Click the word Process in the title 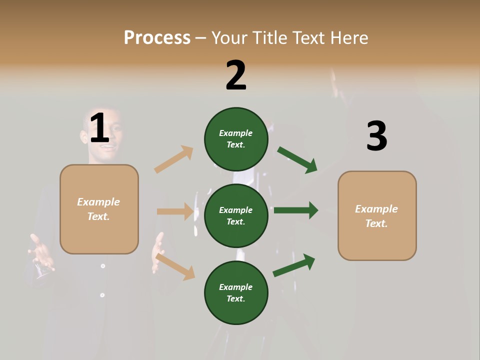157,37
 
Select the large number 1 99,128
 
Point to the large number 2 236,75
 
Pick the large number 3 376,136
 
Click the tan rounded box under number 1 99,209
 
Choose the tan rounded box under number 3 377,215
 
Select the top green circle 236,139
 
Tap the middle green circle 236,215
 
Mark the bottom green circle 236,292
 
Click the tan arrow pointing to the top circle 174,159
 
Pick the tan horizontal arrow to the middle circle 175,211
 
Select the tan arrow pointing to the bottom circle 175,266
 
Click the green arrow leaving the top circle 297,160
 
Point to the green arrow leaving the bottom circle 294,265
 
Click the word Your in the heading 230,37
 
